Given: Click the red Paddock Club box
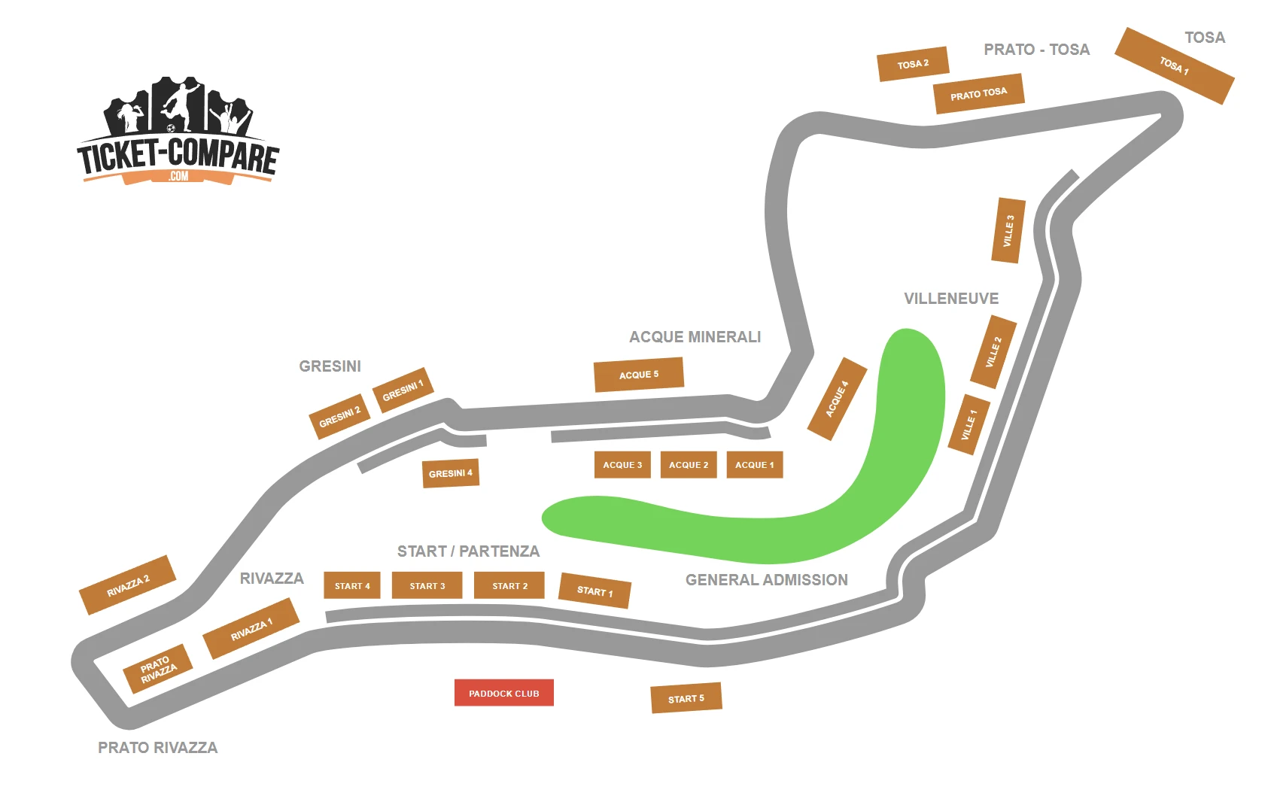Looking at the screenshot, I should tap(503, 693).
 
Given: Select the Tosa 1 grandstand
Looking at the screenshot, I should tap(1174, 66).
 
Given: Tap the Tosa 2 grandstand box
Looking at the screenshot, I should tap(913, 64).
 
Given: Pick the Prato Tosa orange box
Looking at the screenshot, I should tap(978, 94).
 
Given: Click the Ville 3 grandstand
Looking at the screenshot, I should tap(1008, 230).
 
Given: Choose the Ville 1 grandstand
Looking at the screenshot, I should tap(968, 425).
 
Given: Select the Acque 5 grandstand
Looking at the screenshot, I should tap(639, 374).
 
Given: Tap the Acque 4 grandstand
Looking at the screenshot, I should tap(837, 399).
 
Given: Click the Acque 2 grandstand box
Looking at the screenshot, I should tap(689, 465).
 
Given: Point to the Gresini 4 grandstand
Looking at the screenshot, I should tap(451, 473).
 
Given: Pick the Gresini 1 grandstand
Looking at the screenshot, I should tap(403, 390).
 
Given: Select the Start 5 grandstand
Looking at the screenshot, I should tap(686, 698).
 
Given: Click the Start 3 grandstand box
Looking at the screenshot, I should tap(427, 585).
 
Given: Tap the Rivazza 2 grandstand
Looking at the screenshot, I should tap(128, 585).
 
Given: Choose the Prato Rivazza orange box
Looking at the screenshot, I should tap(158, 669).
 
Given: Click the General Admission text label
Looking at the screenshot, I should tap(766, 580).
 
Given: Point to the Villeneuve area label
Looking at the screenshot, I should tap(951, 299).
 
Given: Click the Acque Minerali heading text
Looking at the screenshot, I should tap(695, 337).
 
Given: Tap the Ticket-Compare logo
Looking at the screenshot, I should tap(178, 132).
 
